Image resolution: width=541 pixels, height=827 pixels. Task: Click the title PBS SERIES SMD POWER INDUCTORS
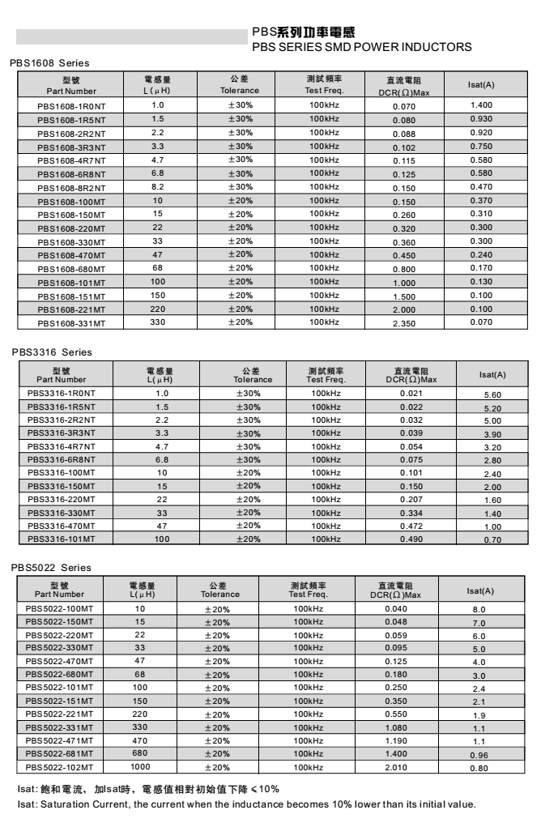point(361,47)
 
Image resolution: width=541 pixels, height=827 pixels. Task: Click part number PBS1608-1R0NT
point(70,106)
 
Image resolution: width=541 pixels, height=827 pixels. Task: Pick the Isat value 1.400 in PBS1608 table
point(481,105)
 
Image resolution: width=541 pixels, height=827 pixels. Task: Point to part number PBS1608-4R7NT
point(70,160)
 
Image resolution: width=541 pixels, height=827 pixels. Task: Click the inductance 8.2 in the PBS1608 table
point(157,186)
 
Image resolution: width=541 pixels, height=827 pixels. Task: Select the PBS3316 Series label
point(52,352)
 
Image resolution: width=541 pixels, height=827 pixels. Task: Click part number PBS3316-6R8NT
point(61,459)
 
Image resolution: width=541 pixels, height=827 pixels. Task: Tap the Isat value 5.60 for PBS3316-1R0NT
point(492,394)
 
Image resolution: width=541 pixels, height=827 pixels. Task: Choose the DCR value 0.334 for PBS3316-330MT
point(411,512)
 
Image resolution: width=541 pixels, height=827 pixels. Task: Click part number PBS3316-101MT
point(61,538)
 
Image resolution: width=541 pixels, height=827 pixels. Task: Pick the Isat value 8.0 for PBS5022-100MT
point(479,608)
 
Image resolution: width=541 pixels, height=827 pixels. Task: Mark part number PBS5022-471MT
point(59,740)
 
